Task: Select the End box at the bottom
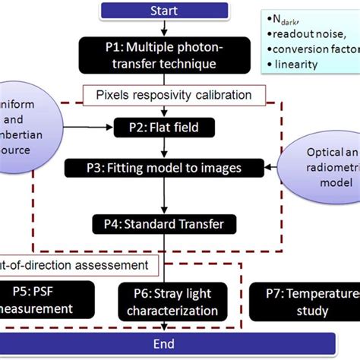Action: (x=164, y=344)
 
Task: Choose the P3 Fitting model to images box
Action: (x=163, y=167)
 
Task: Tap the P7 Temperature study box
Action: (x=304, y=302)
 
